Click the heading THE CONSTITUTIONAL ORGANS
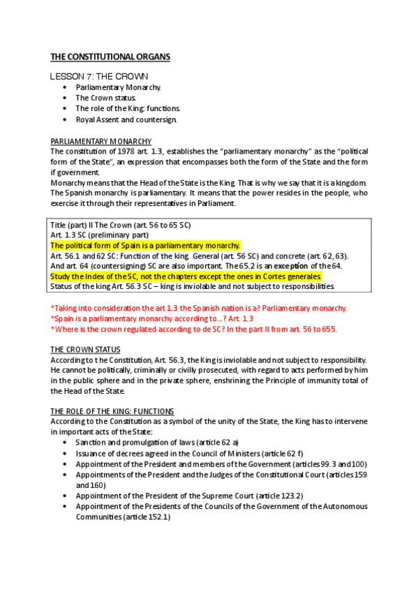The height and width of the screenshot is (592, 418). pos(110,57)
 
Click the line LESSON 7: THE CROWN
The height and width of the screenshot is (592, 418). pos(99,75)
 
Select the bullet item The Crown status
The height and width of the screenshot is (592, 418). pos(106,98)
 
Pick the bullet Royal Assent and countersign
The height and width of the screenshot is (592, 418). pos(126,119)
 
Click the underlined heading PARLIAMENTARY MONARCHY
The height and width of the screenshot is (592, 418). pos(101,141)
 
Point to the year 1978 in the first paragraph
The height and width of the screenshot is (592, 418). pos(117,151)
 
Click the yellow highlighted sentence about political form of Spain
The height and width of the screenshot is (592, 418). pos(145,245)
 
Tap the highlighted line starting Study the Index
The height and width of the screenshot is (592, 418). pos(186,276)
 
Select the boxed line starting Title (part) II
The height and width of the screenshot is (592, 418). pos(121,225)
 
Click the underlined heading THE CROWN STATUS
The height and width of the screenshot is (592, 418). pos(85,349)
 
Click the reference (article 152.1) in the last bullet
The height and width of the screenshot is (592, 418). pos(144,517)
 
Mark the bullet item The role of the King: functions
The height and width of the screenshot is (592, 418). pos(128,108)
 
